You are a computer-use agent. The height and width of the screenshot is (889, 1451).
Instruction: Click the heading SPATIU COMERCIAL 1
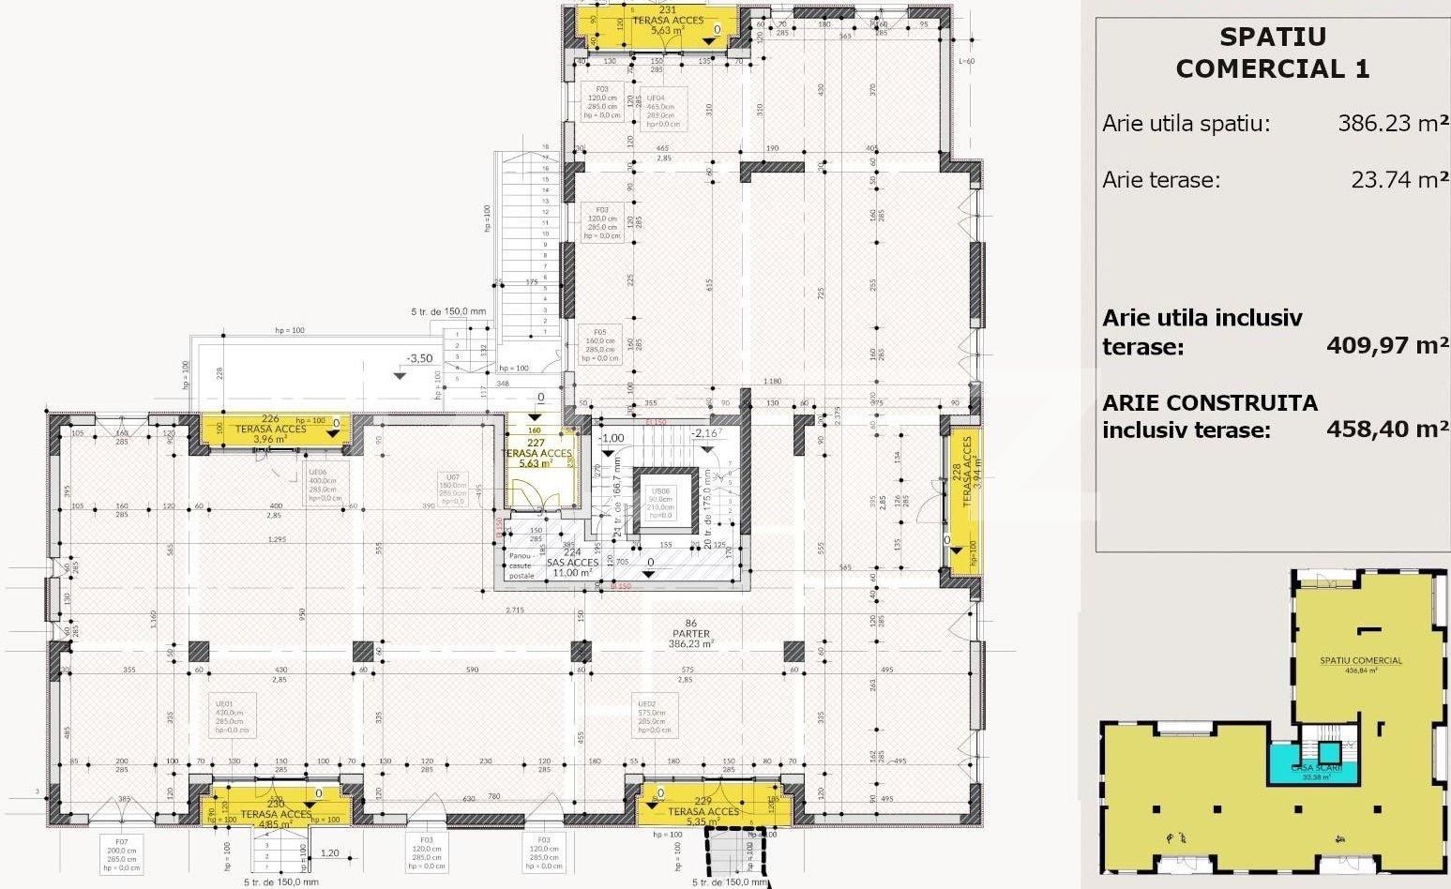coord(1272,53)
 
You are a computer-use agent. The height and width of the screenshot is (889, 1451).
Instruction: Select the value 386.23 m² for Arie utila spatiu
coord(1393,124)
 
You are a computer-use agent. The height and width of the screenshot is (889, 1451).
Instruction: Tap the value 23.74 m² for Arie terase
coord(1398,180)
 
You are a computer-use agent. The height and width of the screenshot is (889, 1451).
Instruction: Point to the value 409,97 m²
coord(1387,345)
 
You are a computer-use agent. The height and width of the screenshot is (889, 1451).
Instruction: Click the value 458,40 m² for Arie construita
coord(1387,429)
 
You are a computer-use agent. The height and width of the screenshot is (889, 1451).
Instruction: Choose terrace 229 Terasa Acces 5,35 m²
coord(704,809)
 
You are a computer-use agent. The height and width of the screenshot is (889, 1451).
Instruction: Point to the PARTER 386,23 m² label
coord(691,634)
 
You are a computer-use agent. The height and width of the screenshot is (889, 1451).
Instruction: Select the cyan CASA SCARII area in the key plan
coord(1316,763)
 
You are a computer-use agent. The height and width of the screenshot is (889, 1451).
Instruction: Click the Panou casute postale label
coord(521,565)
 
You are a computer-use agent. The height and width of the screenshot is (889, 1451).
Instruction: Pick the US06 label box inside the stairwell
coord(662,503)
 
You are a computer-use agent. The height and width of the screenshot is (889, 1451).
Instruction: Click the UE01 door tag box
coord(232,716)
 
